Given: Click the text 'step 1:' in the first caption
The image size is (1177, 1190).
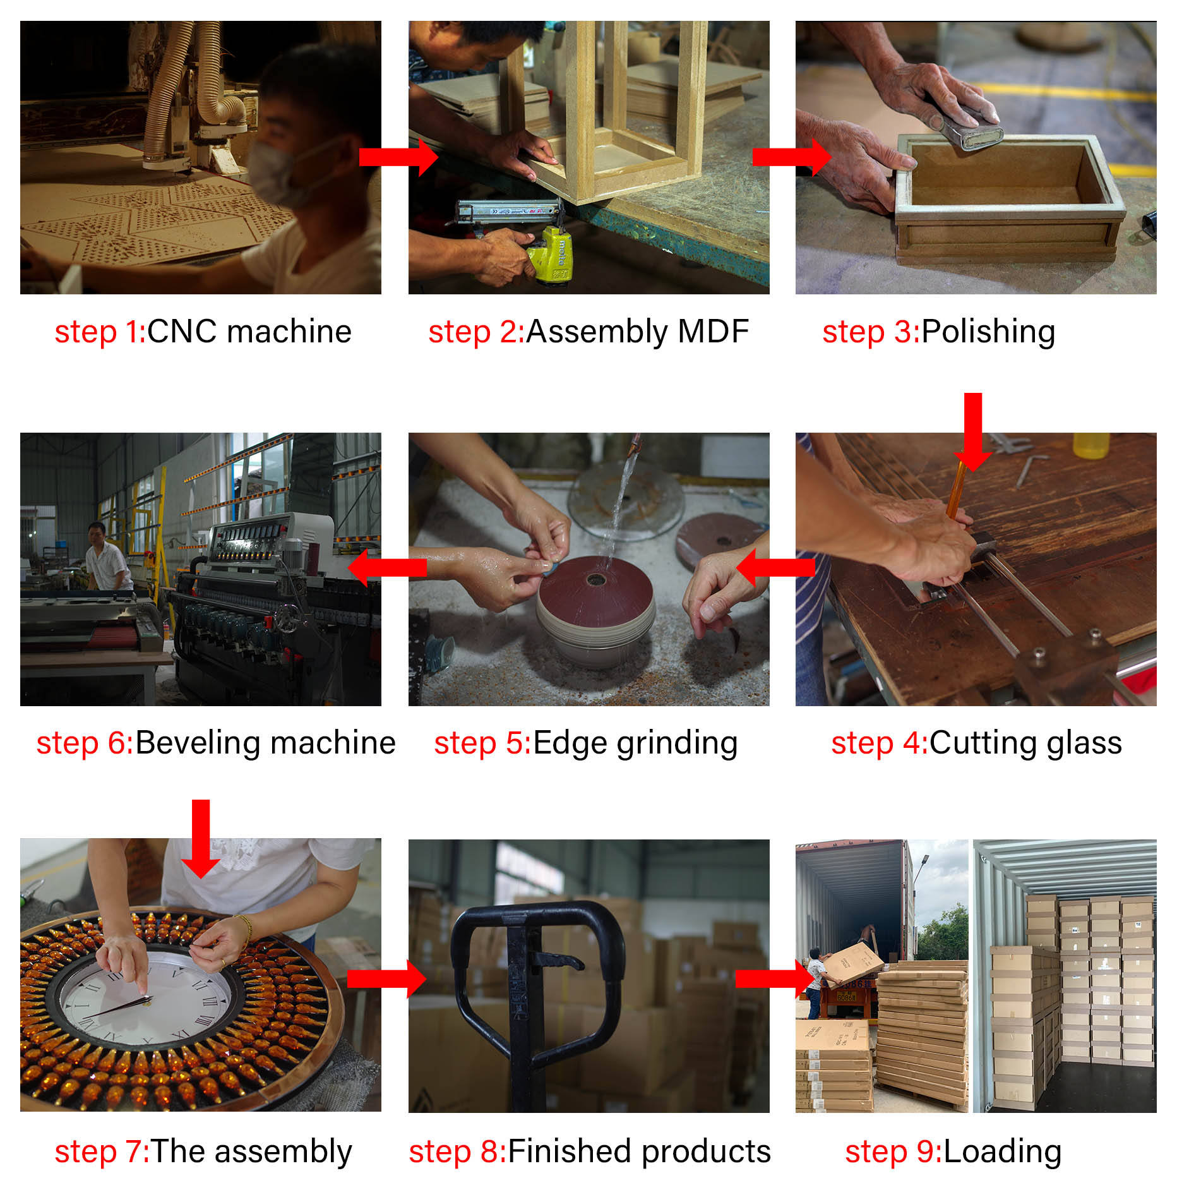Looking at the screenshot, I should [100, 332].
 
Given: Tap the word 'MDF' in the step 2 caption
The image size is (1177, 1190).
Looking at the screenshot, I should [713, 332].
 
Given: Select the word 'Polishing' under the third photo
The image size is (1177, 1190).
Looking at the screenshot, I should [988, 332].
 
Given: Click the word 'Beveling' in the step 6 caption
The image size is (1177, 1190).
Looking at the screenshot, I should [198, 743].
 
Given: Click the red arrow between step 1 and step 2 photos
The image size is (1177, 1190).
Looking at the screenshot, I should [398, 157].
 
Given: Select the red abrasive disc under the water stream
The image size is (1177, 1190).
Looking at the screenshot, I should [596, 591].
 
